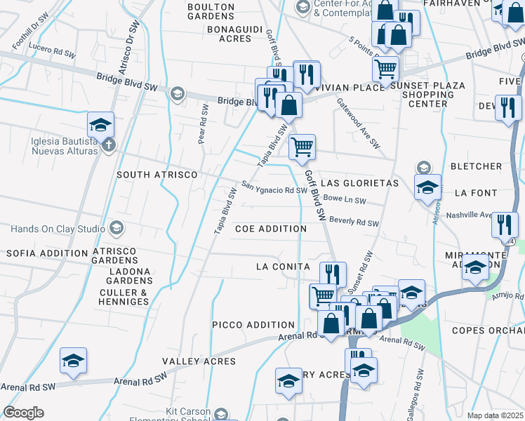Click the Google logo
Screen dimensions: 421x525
(23, 413)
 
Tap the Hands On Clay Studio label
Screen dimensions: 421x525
(56, 228)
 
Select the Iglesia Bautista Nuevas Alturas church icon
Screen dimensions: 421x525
(107, 146)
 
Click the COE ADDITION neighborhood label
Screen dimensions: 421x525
(271, 229)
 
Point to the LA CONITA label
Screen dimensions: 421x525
(283, 267)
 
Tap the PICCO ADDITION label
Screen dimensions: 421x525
(253, 325)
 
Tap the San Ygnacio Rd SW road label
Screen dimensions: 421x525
(274, 189)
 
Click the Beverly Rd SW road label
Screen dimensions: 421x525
(354, 222)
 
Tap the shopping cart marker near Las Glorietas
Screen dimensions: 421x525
(303, 147)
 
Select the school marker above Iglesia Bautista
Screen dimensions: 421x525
(101, 125)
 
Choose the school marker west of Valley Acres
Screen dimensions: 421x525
(73, 361)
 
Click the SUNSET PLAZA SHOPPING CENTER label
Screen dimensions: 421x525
(427, 95)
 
